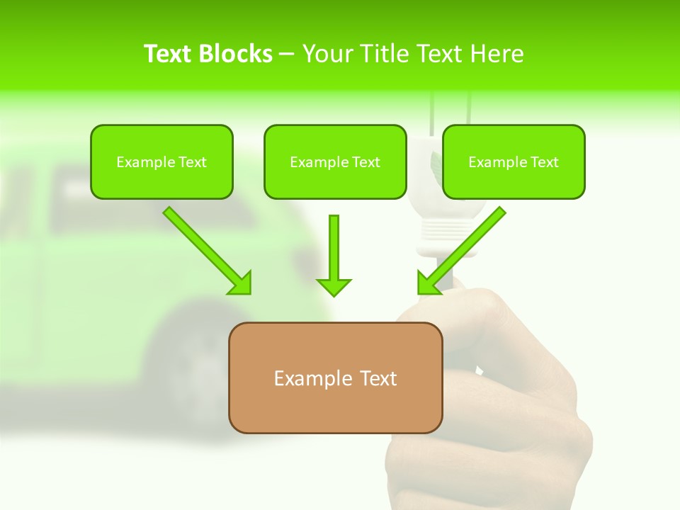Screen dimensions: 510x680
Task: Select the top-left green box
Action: click(161, 161)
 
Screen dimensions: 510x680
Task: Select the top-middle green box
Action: click(335, 161)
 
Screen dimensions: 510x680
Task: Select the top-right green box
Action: click(514, 161)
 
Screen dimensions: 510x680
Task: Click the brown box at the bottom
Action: click(335, 378)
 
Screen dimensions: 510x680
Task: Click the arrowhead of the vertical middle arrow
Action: click(334, 287)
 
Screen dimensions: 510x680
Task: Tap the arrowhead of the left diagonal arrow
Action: click(241, 284)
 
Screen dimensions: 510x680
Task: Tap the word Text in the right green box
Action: click(544, 162)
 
